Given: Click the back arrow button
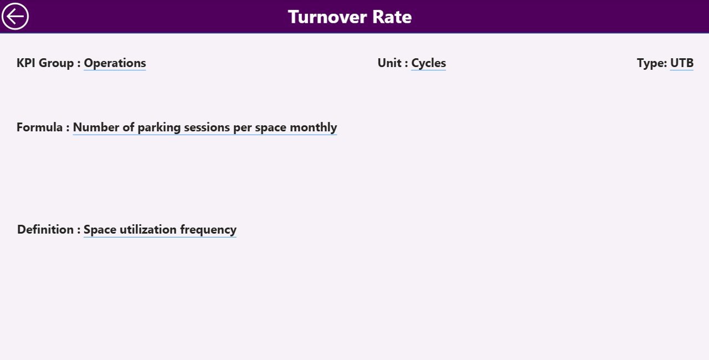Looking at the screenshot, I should pyautogui.click(x=15, y=17).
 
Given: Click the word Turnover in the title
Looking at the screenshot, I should pyautogui.click(x=323, y=17).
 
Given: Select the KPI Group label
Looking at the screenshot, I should pyautogui.click(x=45, y=63).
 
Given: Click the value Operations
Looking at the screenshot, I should pyautogui.click(x=115, y=63).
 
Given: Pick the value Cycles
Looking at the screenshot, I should pyautogui.click(x=428, y=63).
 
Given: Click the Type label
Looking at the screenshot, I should pyautogui.click(x=651, y=63).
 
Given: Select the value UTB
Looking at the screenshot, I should pyautogui.click(x=682, y=63).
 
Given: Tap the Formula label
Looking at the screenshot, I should pyautogui.click(x=39, y=127).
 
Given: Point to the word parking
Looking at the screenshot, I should pyautogui.click(x=159, y=127).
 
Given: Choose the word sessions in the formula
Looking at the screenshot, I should pyautogui.click(x=207, y=127).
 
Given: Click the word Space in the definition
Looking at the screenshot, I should pyautogui.click(x=100, y=229).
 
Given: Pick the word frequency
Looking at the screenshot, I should pyautogui.click(x=208, y=229).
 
